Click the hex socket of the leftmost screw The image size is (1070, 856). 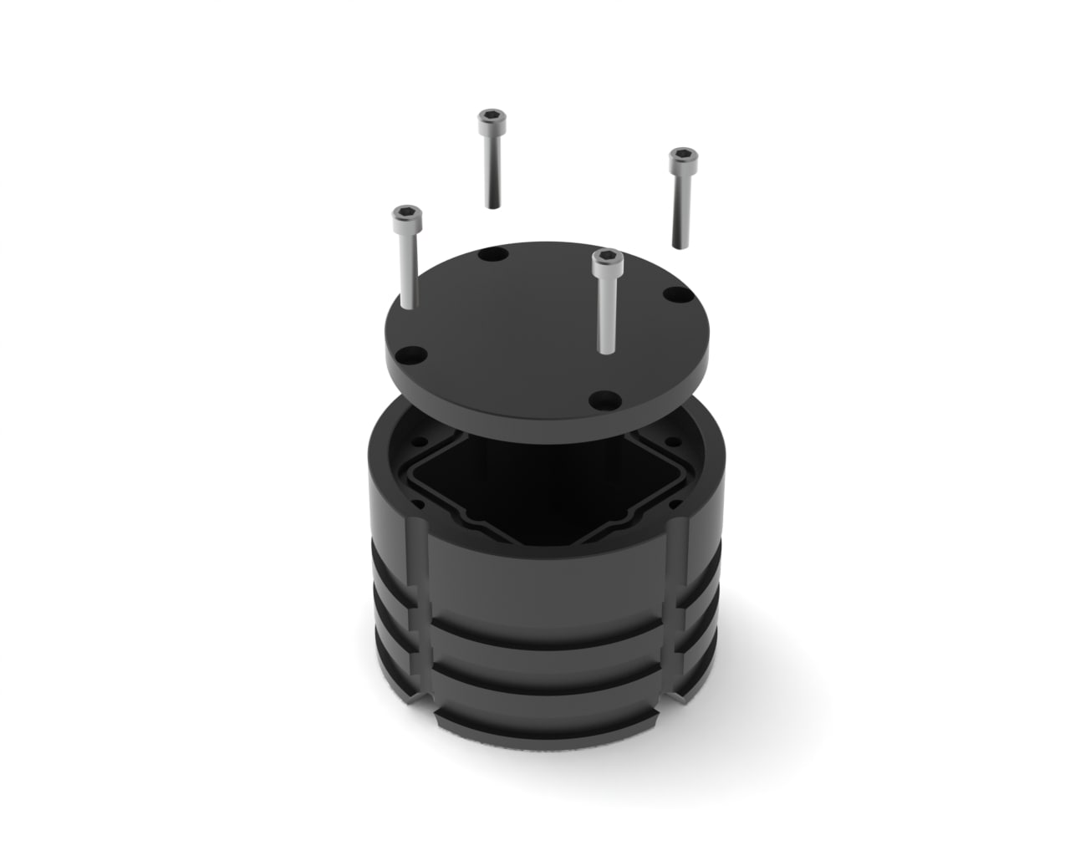tap(405, 215)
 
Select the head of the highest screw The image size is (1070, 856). tap(491, 120)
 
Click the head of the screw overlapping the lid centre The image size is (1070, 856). tap(605, 261)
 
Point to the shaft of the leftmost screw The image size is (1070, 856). tap(407, 267)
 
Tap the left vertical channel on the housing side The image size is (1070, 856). tap(420, 610)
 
